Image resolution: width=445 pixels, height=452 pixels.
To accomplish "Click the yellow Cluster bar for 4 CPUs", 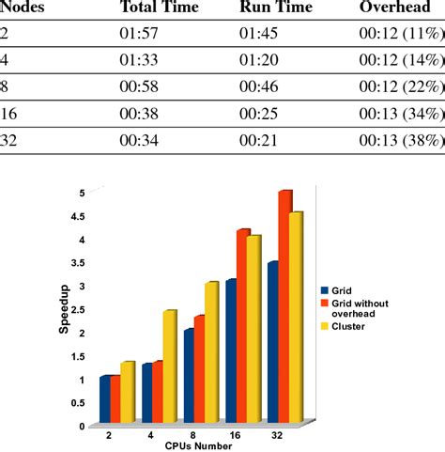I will tap(169, 366).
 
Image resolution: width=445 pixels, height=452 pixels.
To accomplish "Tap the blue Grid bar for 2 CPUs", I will tap(105, 400).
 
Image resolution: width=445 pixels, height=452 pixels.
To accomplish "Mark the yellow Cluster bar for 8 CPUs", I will tap(211, 352).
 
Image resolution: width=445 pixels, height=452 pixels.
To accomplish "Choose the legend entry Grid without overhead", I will tap(360, 309).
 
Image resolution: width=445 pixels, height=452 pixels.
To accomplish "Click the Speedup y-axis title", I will tap(68, 311).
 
